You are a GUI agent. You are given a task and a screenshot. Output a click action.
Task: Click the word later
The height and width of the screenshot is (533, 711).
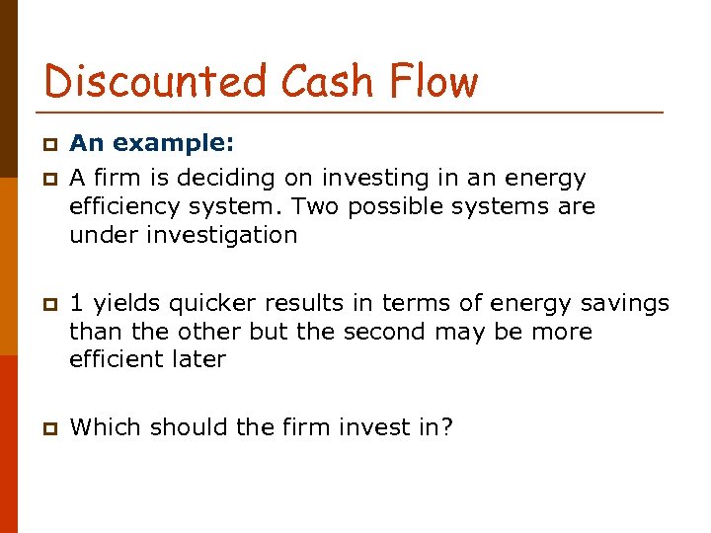click(x=200, y=359)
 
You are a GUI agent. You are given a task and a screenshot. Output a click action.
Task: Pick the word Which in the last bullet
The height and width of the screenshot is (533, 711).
click(x=102, y=427)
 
